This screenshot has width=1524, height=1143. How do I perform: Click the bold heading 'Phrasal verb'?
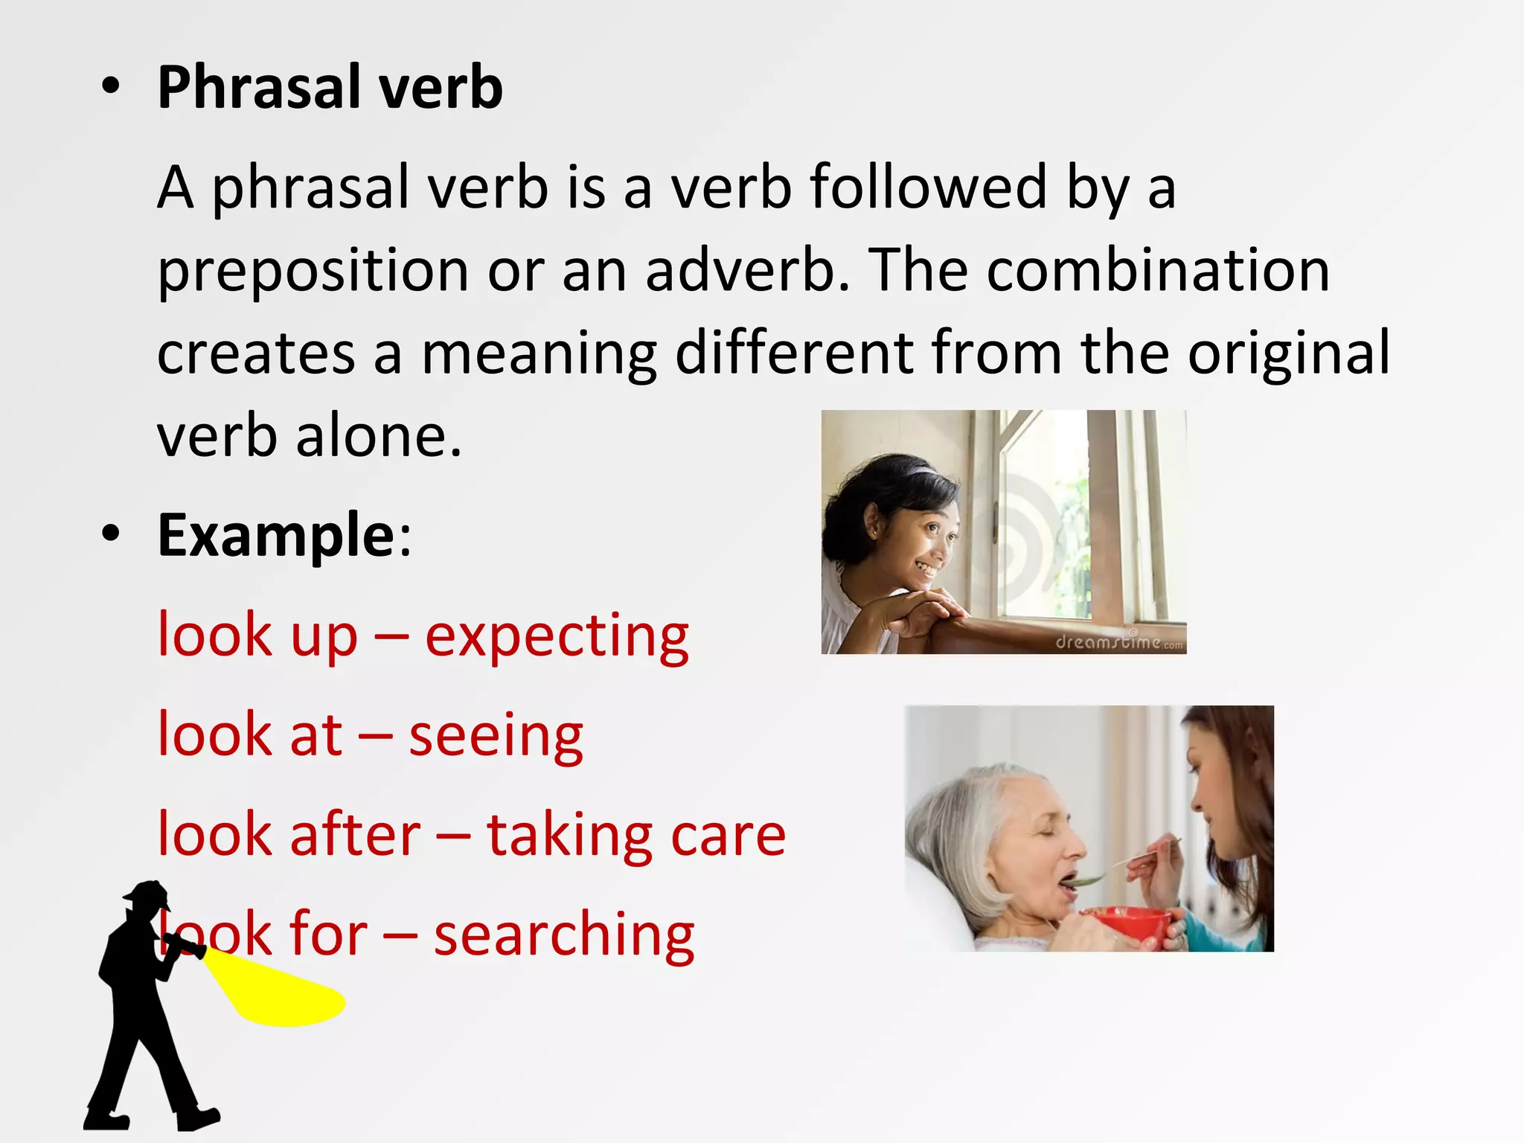pos(330,88)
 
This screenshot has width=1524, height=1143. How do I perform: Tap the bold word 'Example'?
pos(277,536)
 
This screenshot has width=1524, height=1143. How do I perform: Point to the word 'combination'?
pos(1158,269)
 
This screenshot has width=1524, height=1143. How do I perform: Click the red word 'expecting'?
pos(557,637)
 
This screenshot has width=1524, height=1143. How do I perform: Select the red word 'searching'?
pos(563,936)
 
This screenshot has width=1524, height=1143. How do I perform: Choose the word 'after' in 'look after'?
pos(355,835)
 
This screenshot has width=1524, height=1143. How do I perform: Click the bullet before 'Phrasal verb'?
pos(111,88)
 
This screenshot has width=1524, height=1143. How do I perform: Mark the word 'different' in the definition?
pos(794,353)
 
